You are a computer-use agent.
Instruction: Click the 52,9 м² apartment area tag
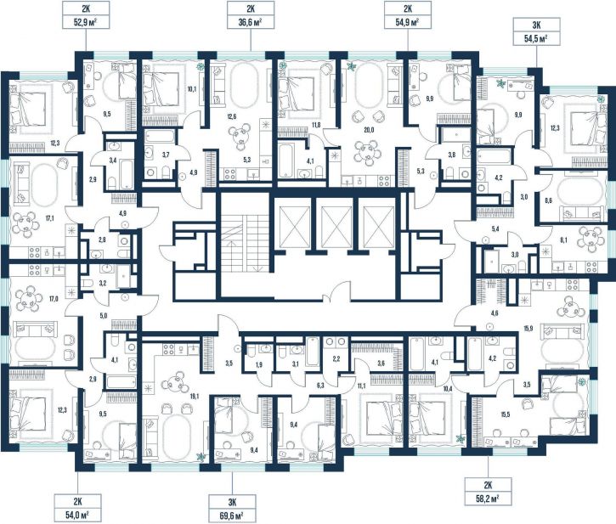pyautogui.click(x=86, y=15)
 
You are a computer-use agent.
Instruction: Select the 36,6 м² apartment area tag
pyautogui.click(x=251, y=15)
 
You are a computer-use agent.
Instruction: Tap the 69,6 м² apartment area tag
pyautogui.click(x=232, y=509)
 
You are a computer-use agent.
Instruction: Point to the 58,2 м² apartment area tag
pyautogui.click(x=489, y=492)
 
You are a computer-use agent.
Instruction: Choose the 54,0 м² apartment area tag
pyautogui.click(x=78, y=508)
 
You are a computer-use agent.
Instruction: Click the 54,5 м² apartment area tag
pyautogui.click(x=536, y=31)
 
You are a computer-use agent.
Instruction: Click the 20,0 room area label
pyautogui.click(x=368, y=131)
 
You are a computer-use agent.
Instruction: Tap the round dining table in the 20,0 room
pyautogui.click(x=368, y=151)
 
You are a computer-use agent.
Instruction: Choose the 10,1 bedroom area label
pyautogui.click(x=192, y=89)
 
